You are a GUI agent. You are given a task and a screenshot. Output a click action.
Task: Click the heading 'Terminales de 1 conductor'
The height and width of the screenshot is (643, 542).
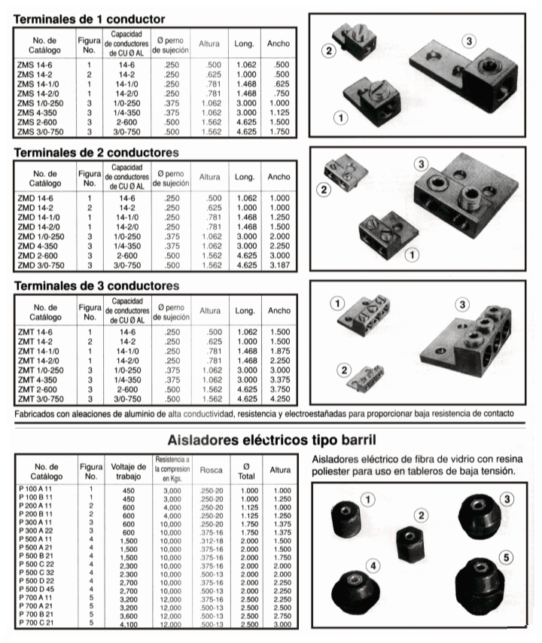[90, 18]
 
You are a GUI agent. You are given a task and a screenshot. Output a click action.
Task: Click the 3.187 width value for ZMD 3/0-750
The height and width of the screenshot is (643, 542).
[279, 266]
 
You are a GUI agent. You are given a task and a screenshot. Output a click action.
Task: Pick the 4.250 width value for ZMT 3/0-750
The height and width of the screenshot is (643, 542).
[279, 399]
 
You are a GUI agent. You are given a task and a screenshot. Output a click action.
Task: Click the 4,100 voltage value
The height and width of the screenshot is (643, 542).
[129, 624]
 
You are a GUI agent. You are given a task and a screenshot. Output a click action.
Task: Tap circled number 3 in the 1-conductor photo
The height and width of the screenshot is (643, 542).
[470, 40]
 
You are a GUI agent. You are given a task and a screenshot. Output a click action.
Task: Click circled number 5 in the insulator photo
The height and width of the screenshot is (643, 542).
[506, 558]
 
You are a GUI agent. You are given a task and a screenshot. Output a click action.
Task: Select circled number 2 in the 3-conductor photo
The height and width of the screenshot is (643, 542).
[343, 369]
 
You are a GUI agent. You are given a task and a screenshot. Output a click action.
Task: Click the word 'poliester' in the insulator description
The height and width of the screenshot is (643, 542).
[333, 471]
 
